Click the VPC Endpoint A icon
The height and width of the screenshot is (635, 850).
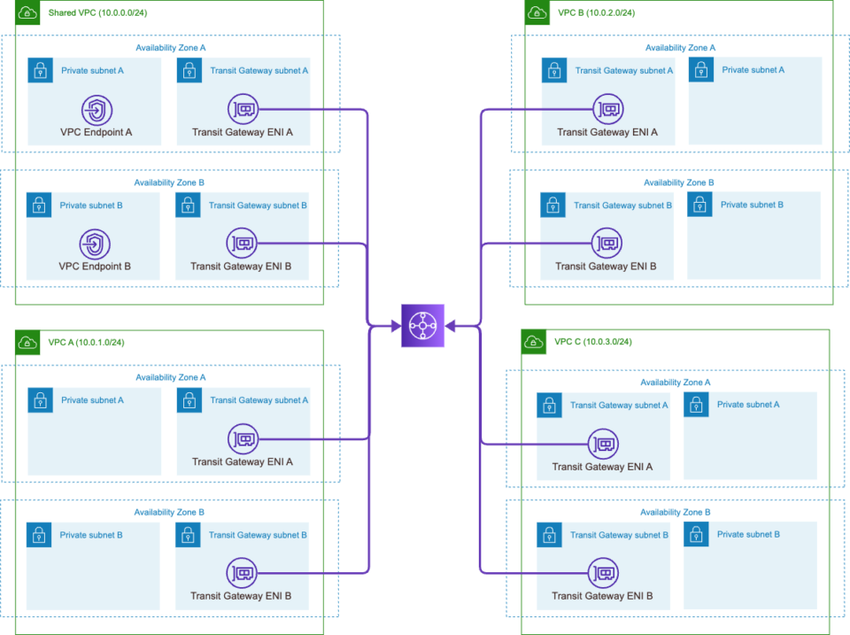[96, 110]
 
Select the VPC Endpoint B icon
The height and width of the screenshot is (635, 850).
[95, 243]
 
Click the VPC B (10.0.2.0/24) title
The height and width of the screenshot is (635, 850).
[595, 12]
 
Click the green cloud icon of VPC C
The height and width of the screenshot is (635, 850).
[533, 341]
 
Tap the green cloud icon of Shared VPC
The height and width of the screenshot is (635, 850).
[27, 12]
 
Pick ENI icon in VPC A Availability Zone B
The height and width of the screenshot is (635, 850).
[242, 573]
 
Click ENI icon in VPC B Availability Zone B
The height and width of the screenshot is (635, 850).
[607, 243]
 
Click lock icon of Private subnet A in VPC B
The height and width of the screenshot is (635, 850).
[701, 70]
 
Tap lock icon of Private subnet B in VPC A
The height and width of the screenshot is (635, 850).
[38, 535]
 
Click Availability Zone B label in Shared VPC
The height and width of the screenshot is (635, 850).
[169, 182]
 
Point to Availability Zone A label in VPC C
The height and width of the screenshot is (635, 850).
[675, 383]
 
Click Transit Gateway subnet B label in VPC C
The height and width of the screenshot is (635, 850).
[619, 535]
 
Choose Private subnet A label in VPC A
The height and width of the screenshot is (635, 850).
[92, 400]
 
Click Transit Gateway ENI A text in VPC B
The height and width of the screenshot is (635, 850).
[607, 133]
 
